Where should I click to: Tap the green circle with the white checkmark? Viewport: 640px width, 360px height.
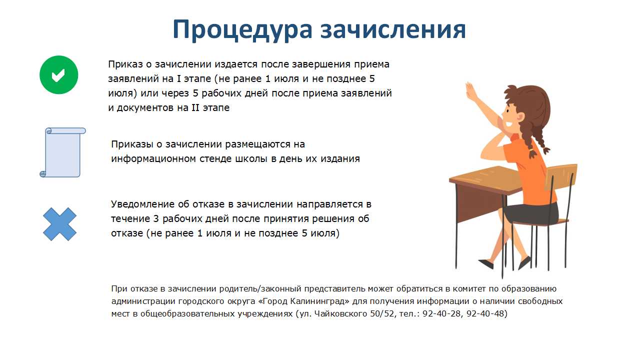[59, 75]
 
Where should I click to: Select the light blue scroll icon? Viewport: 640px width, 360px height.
[62, 152]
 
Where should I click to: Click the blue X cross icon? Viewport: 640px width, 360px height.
[59, 224]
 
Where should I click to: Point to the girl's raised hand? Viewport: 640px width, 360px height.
[471, 91]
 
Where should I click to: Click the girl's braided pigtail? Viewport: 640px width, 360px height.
[537, 140]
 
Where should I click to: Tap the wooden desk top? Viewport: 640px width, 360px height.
[485, 178]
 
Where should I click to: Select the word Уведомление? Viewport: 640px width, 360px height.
[143, 204]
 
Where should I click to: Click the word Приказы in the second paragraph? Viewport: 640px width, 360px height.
[132, 144]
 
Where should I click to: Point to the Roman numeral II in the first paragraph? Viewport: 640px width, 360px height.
[195, 107]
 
